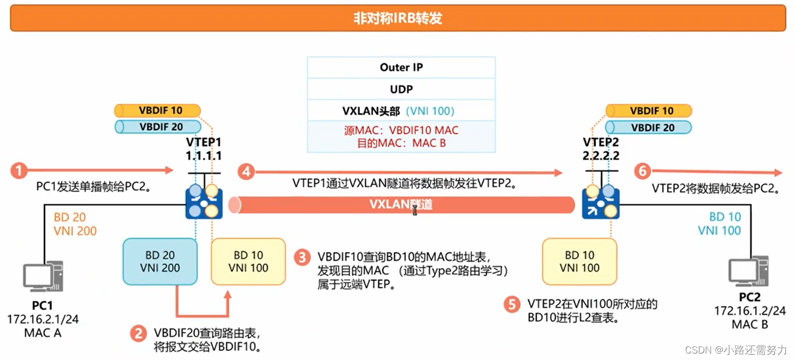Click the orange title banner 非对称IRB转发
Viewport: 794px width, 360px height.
398,18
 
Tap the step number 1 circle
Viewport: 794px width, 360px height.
19,171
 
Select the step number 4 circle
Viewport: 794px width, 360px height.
246,171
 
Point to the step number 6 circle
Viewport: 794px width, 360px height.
642,171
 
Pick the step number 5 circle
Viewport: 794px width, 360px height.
512,304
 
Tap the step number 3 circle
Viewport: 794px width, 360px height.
302,257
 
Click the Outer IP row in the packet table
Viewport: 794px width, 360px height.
401,67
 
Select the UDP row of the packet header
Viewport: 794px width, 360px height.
401,89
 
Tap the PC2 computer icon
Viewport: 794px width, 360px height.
749,271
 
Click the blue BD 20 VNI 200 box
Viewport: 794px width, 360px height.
160,262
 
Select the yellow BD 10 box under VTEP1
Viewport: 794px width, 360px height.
248,262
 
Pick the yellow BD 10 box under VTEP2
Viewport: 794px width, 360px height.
580,262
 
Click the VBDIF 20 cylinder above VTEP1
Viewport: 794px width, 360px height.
158,127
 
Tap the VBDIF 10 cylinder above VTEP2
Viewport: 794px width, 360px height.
649,111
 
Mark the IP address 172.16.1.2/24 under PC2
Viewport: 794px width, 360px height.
750,311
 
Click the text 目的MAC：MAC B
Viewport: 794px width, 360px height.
401,143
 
